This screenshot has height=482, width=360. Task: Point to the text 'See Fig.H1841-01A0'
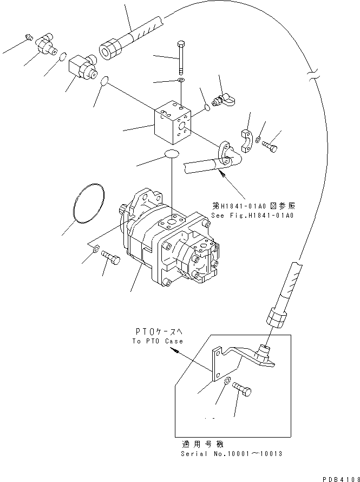(253, 216)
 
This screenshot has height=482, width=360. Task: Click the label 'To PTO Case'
(158, 341)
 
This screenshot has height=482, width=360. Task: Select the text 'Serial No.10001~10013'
(232, 454)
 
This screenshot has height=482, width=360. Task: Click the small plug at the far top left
(29, 38)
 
